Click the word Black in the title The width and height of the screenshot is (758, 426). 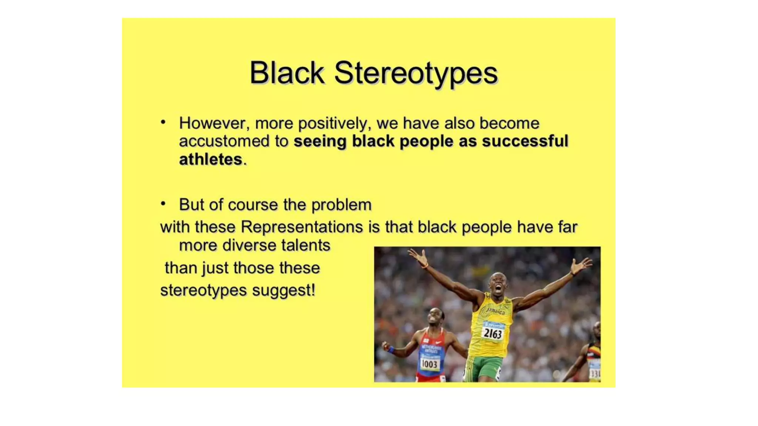coord(287,72)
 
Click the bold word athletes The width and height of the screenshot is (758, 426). coord(210,159)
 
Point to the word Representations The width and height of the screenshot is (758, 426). coord(302,227)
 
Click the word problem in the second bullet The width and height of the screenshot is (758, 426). coord(341,204)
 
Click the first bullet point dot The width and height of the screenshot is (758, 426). coord(163,122)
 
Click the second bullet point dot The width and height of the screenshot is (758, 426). coord(163,204)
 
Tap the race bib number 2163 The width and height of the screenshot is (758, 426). coord(493,334)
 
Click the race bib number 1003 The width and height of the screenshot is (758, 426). coord(429,364)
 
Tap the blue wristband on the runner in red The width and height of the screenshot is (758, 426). coord(391,350)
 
